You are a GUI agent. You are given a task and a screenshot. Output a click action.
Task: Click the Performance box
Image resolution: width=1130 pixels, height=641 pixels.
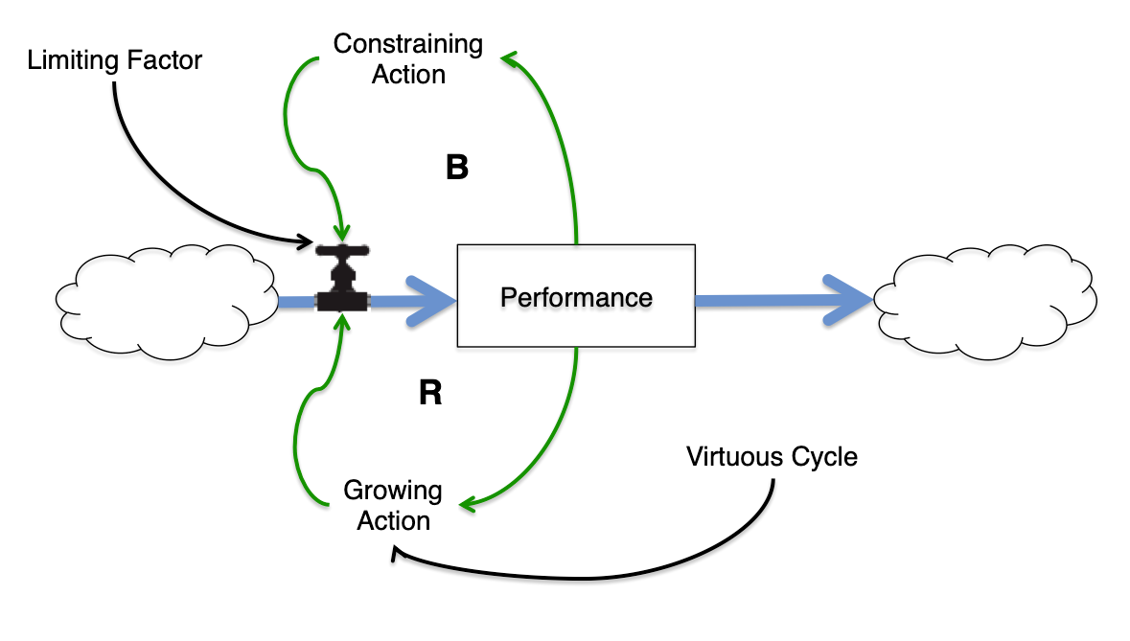(575, 296)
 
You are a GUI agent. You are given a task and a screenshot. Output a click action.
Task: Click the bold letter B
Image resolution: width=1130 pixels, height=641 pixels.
(457, 169)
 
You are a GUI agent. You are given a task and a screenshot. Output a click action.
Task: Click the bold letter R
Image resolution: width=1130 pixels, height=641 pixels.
(430, 393)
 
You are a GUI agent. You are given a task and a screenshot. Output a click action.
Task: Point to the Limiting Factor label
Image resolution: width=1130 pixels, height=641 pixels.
(115, 60)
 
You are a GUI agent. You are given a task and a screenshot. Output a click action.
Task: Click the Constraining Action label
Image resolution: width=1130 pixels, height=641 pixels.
(408, 58)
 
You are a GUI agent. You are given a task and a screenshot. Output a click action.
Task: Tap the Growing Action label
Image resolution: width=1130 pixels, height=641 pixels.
(393, 506)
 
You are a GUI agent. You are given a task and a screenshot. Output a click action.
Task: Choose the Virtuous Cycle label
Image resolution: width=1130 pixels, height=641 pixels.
(772, 456)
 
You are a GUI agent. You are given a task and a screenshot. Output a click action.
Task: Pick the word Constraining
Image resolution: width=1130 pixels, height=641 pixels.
(408, 44)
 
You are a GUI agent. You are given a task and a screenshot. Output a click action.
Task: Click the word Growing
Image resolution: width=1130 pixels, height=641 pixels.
(393, 492)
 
